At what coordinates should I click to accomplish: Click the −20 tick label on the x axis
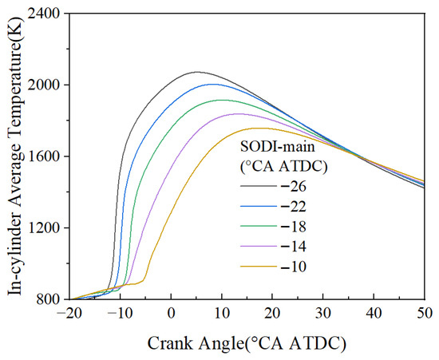click(69, 314)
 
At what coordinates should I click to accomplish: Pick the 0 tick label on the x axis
click(171, 314)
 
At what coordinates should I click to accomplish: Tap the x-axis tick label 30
click(323, 314)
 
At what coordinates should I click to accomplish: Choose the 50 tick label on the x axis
click(425, 314)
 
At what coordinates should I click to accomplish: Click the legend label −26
click(294, 187)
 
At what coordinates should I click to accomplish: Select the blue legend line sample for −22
click(259, 206)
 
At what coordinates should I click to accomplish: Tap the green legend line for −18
click(259, 226)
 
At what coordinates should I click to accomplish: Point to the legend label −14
click(294, 247)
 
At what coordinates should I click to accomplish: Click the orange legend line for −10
click(259, 267)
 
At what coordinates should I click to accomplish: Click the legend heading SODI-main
click(278, 146)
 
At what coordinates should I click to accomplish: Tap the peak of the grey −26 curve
click(197, 72)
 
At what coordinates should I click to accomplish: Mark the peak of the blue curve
click(213, 84)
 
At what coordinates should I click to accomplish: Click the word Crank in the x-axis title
click(170, 343)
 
